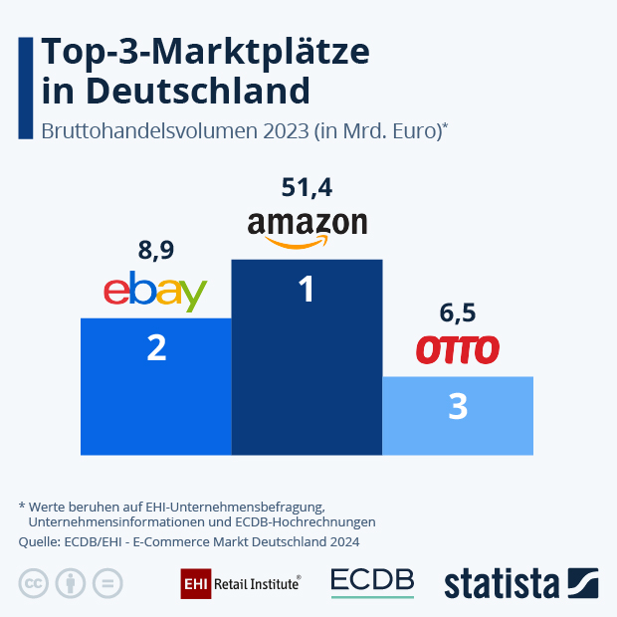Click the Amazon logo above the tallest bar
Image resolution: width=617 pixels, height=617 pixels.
pyautogui.click(x=307, y=226)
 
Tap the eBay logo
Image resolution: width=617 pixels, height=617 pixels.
pyautogui.click(x=155, y=291)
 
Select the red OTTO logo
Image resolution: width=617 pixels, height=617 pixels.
pyautogui.click(x=457, y=350)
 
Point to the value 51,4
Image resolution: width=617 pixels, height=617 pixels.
pyautogui.click(x=307, y=187)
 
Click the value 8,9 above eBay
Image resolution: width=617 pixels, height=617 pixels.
pyautogui.click(x=156, y=250)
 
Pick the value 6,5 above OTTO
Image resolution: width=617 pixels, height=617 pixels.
pyautogui.click(x=457, y=313)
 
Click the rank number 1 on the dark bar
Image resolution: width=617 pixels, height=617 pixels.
pyautogui.click(x=307, y=290)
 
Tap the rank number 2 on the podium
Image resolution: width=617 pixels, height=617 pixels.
pyautogui.click(x=156, y=348)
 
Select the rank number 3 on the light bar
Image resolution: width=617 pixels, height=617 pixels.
pyautogui.click(x=458, y=407)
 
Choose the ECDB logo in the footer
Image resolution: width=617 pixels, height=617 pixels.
pyautogui.click(x=372, y=582)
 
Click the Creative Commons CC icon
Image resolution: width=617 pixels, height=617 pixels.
pyautogui.click(x=34, y=584)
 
